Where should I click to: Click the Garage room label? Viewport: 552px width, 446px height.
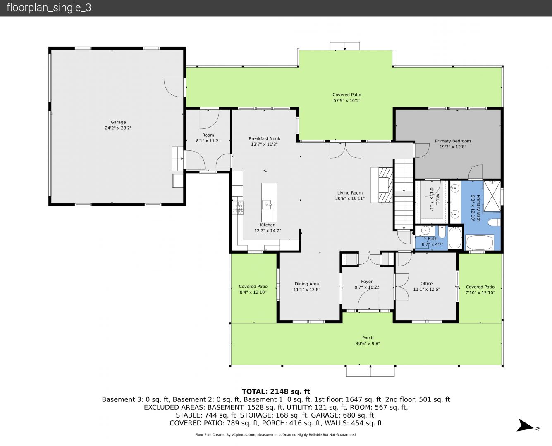tap(118, 122)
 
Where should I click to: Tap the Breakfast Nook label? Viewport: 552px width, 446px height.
tap(264, 138)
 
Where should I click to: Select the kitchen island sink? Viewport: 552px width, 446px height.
tap(267, 205)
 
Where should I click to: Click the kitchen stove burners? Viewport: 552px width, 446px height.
tap(238, 208)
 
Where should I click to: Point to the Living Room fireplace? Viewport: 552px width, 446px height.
tap(382, 185)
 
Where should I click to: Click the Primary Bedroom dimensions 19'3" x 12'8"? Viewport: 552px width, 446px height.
tap(453, 147)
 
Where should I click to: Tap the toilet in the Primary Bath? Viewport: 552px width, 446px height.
tap(494, 222)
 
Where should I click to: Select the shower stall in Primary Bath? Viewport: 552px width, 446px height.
tap(492, 196)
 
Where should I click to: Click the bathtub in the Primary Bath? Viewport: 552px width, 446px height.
tap(480, 242)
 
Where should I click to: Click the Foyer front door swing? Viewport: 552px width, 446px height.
tap(368, 299)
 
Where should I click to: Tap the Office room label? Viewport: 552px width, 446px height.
tap(427, 283)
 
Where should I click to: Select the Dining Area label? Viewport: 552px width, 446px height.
tap(307, 284)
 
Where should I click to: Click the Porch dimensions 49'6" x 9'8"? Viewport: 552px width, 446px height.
tap(368, 344)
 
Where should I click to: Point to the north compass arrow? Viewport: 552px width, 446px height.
tap(526, 425)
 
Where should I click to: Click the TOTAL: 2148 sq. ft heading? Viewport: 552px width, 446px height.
tap(276, 391)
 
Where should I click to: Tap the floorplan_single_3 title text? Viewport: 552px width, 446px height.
tap(49, 8)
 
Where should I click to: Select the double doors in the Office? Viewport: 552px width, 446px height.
tap(401, 287)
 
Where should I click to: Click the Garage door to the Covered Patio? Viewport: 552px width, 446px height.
tap(174, 88)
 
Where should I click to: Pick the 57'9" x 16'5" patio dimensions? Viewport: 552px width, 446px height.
tap(347, 100)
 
